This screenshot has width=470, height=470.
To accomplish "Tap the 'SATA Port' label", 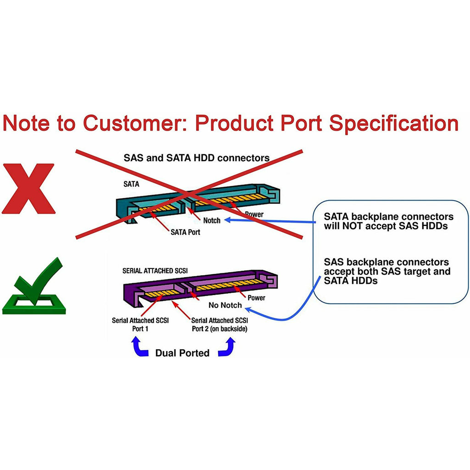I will tap(185, 232).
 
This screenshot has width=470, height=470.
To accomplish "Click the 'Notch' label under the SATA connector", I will tap(212, 220).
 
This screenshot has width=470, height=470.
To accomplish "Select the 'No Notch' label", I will tap(225, 305).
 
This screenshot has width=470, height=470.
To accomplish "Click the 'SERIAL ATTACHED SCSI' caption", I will tap(155, 271).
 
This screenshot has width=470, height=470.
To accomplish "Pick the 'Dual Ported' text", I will tap(182, 353).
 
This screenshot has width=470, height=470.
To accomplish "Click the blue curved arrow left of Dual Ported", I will tap(140, 347).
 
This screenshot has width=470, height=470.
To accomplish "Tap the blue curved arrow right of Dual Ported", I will tap(227, 347).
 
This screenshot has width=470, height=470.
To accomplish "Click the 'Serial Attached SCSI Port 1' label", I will tap(140, 324).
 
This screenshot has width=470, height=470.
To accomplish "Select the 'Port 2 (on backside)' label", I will tap(219, 329).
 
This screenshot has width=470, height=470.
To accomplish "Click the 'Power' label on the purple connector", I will tap(256, 298).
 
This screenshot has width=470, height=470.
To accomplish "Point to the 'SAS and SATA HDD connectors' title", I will tap(196, 158).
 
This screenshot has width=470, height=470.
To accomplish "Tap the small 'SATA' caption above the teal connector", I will tap(131, 184).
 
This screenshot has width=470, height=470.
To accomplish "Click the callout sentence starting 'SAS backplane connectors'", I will tap(386, 271).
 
